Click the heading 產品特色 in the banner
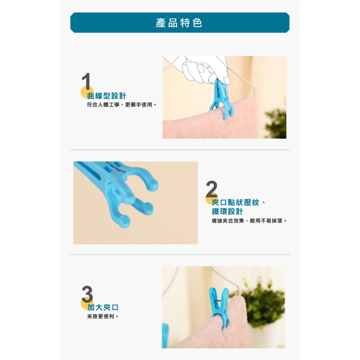[179, 23]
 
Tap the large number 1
[86, 81]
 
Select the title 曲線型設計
[107, 96]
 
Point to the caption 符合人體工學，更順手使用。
[122, 105]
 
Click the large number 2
[212, 189]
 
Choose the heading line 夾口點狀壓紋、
[239, 202]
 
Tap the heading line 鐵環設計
[227, 212]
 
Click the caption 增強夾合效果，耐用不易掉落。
[249, 221]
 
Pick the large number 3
[87, 294]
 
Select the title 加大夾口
[103, 307]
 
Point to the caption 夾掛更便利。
[103, 316]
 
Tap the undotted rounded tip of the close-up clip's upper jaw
[152, 186]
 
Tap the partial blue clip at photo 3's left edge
[165, 335]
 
